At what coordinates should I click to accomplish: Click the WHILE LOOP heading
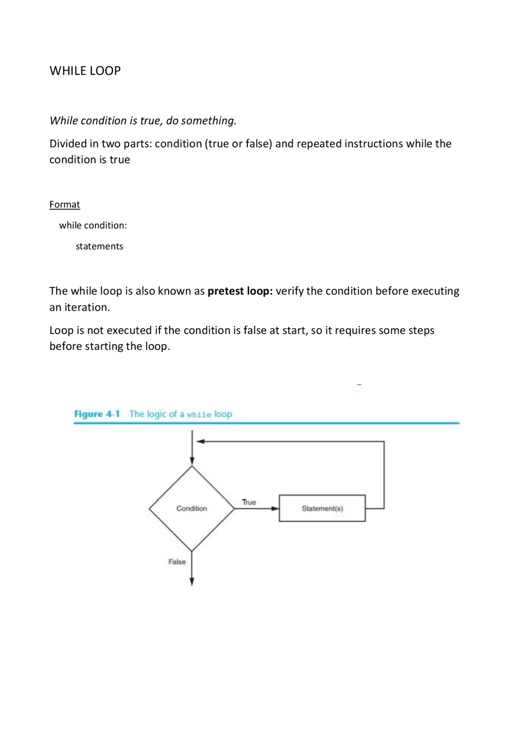pyautogui.click(x=85, y=71)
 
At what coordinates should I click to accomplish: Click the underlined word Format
pyautogui.click(x=64, y=204)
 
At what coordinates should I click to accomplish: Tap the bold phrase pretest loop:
pyautogui.click(x=240, y=291)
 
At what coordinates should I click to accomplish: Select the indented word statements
pyautogui.click(x=99, y=246)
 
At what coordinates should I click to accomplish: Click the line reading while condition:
pyautogui.click(x=93, y=225)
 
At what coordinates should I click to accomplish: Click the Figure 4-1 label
pyautogui.click(x=97, y=414)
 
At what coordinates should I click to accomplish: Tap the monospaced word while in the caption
pyautogui.click(x=199, y=415)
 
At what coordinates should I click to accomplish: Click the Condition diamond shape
pyautogui.click(x=192, y=508)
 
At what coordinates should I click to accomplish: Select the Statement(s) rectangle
pyautogui.click(x=322, y=508)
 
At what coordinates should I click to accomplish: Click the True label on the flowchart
pyautogui.click(x=249, y=502)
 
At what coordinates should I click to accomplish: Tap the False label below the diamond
pyautogui.click(x=177, y=562)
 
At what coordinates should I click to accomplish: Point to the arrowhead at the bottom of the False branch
pyautogui.click(x=192, y=582)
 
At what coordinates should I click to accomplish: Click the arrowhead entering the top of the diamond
pyautogui.click(x=192, y=461)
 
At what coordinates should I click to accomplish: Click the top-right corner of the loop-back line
pyautogui.click(x=384, y=442)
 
